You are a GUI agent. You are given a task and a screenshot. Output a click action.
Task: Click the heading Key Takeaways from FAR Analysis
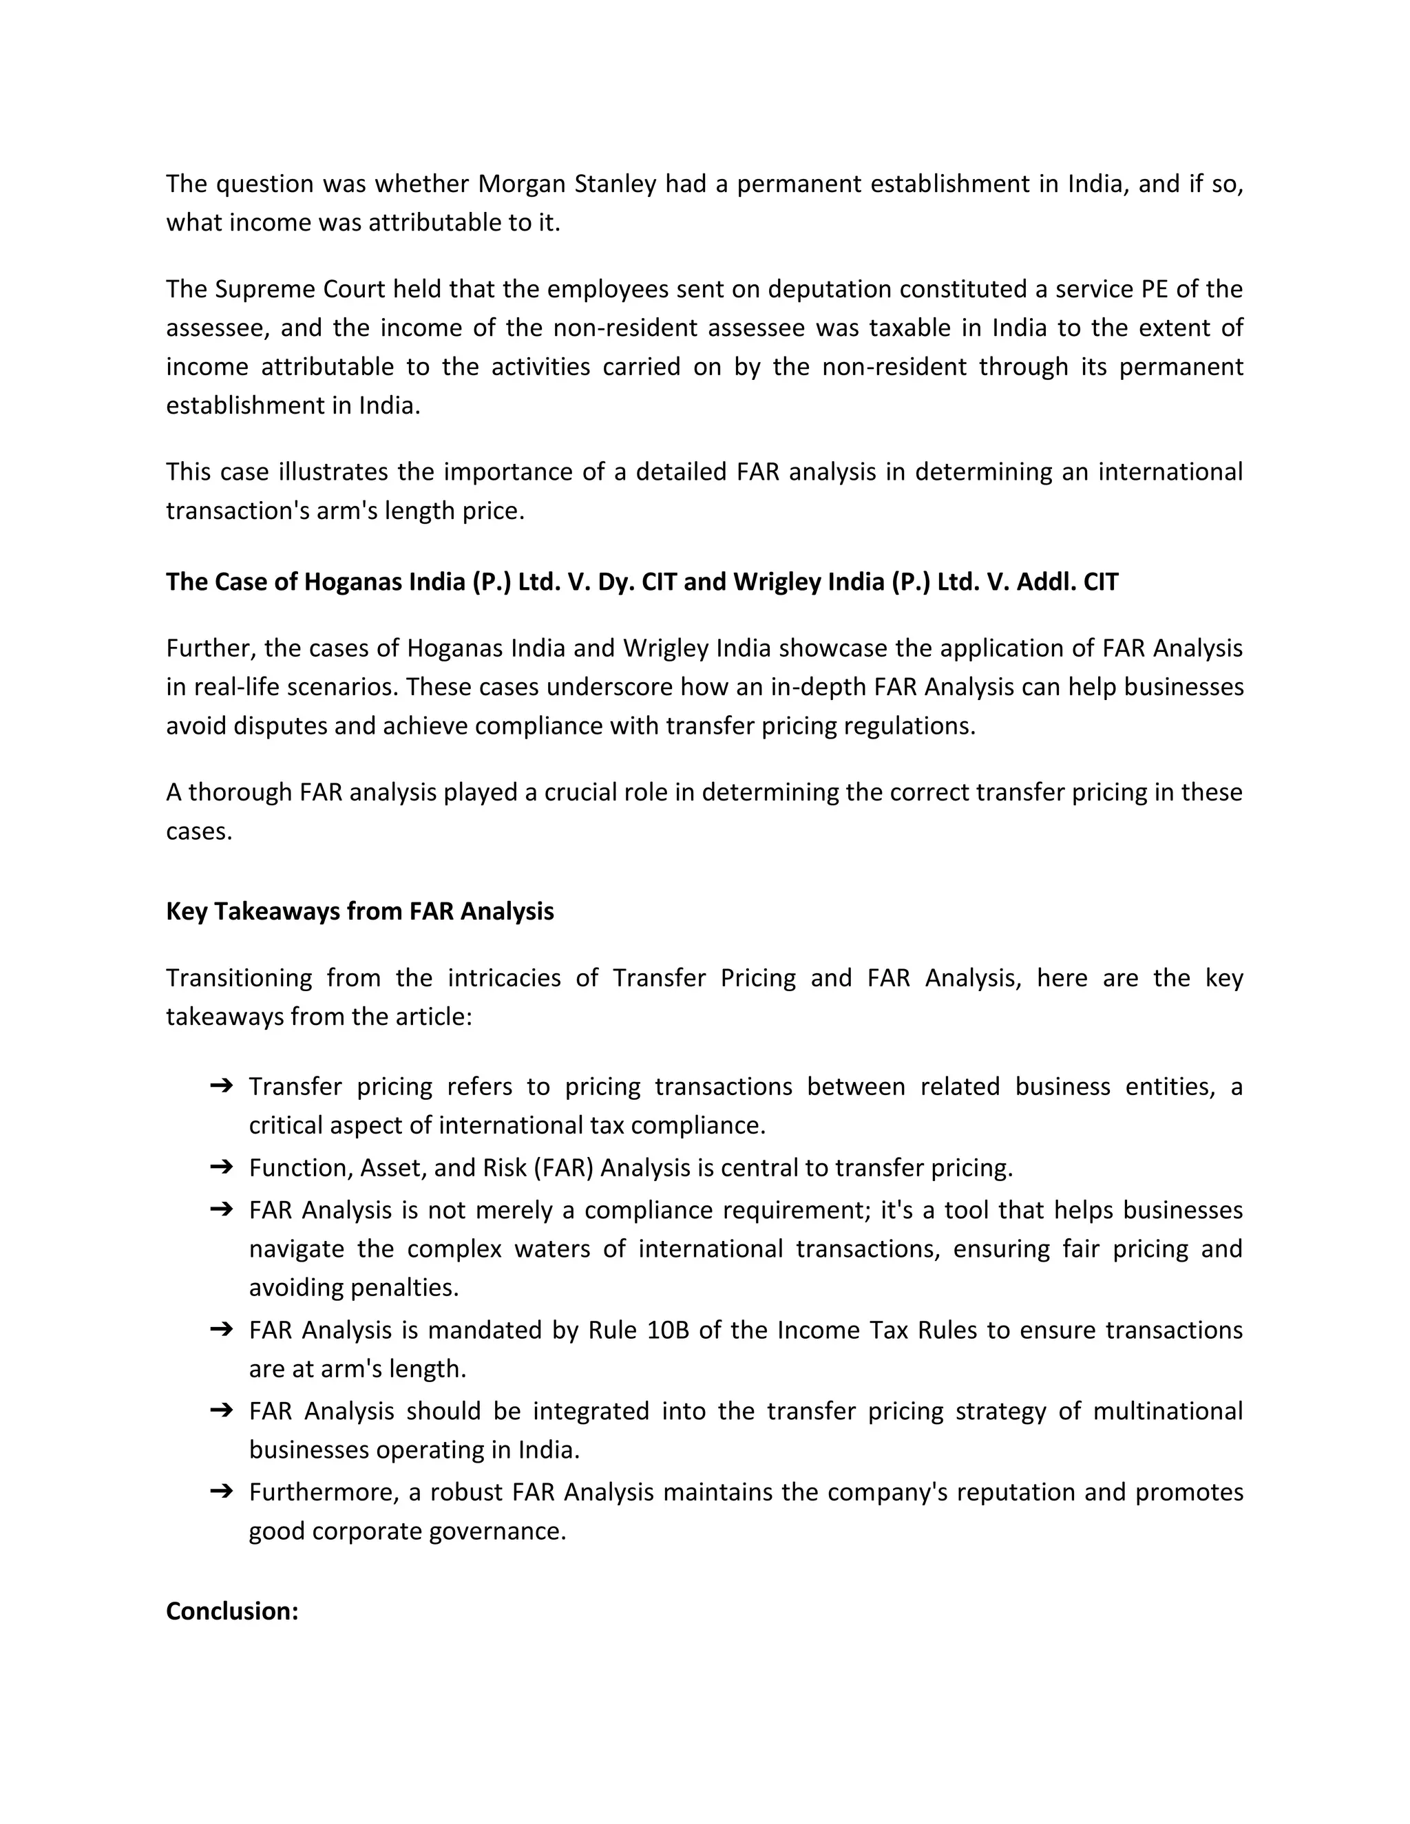[x=359, y=911]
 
